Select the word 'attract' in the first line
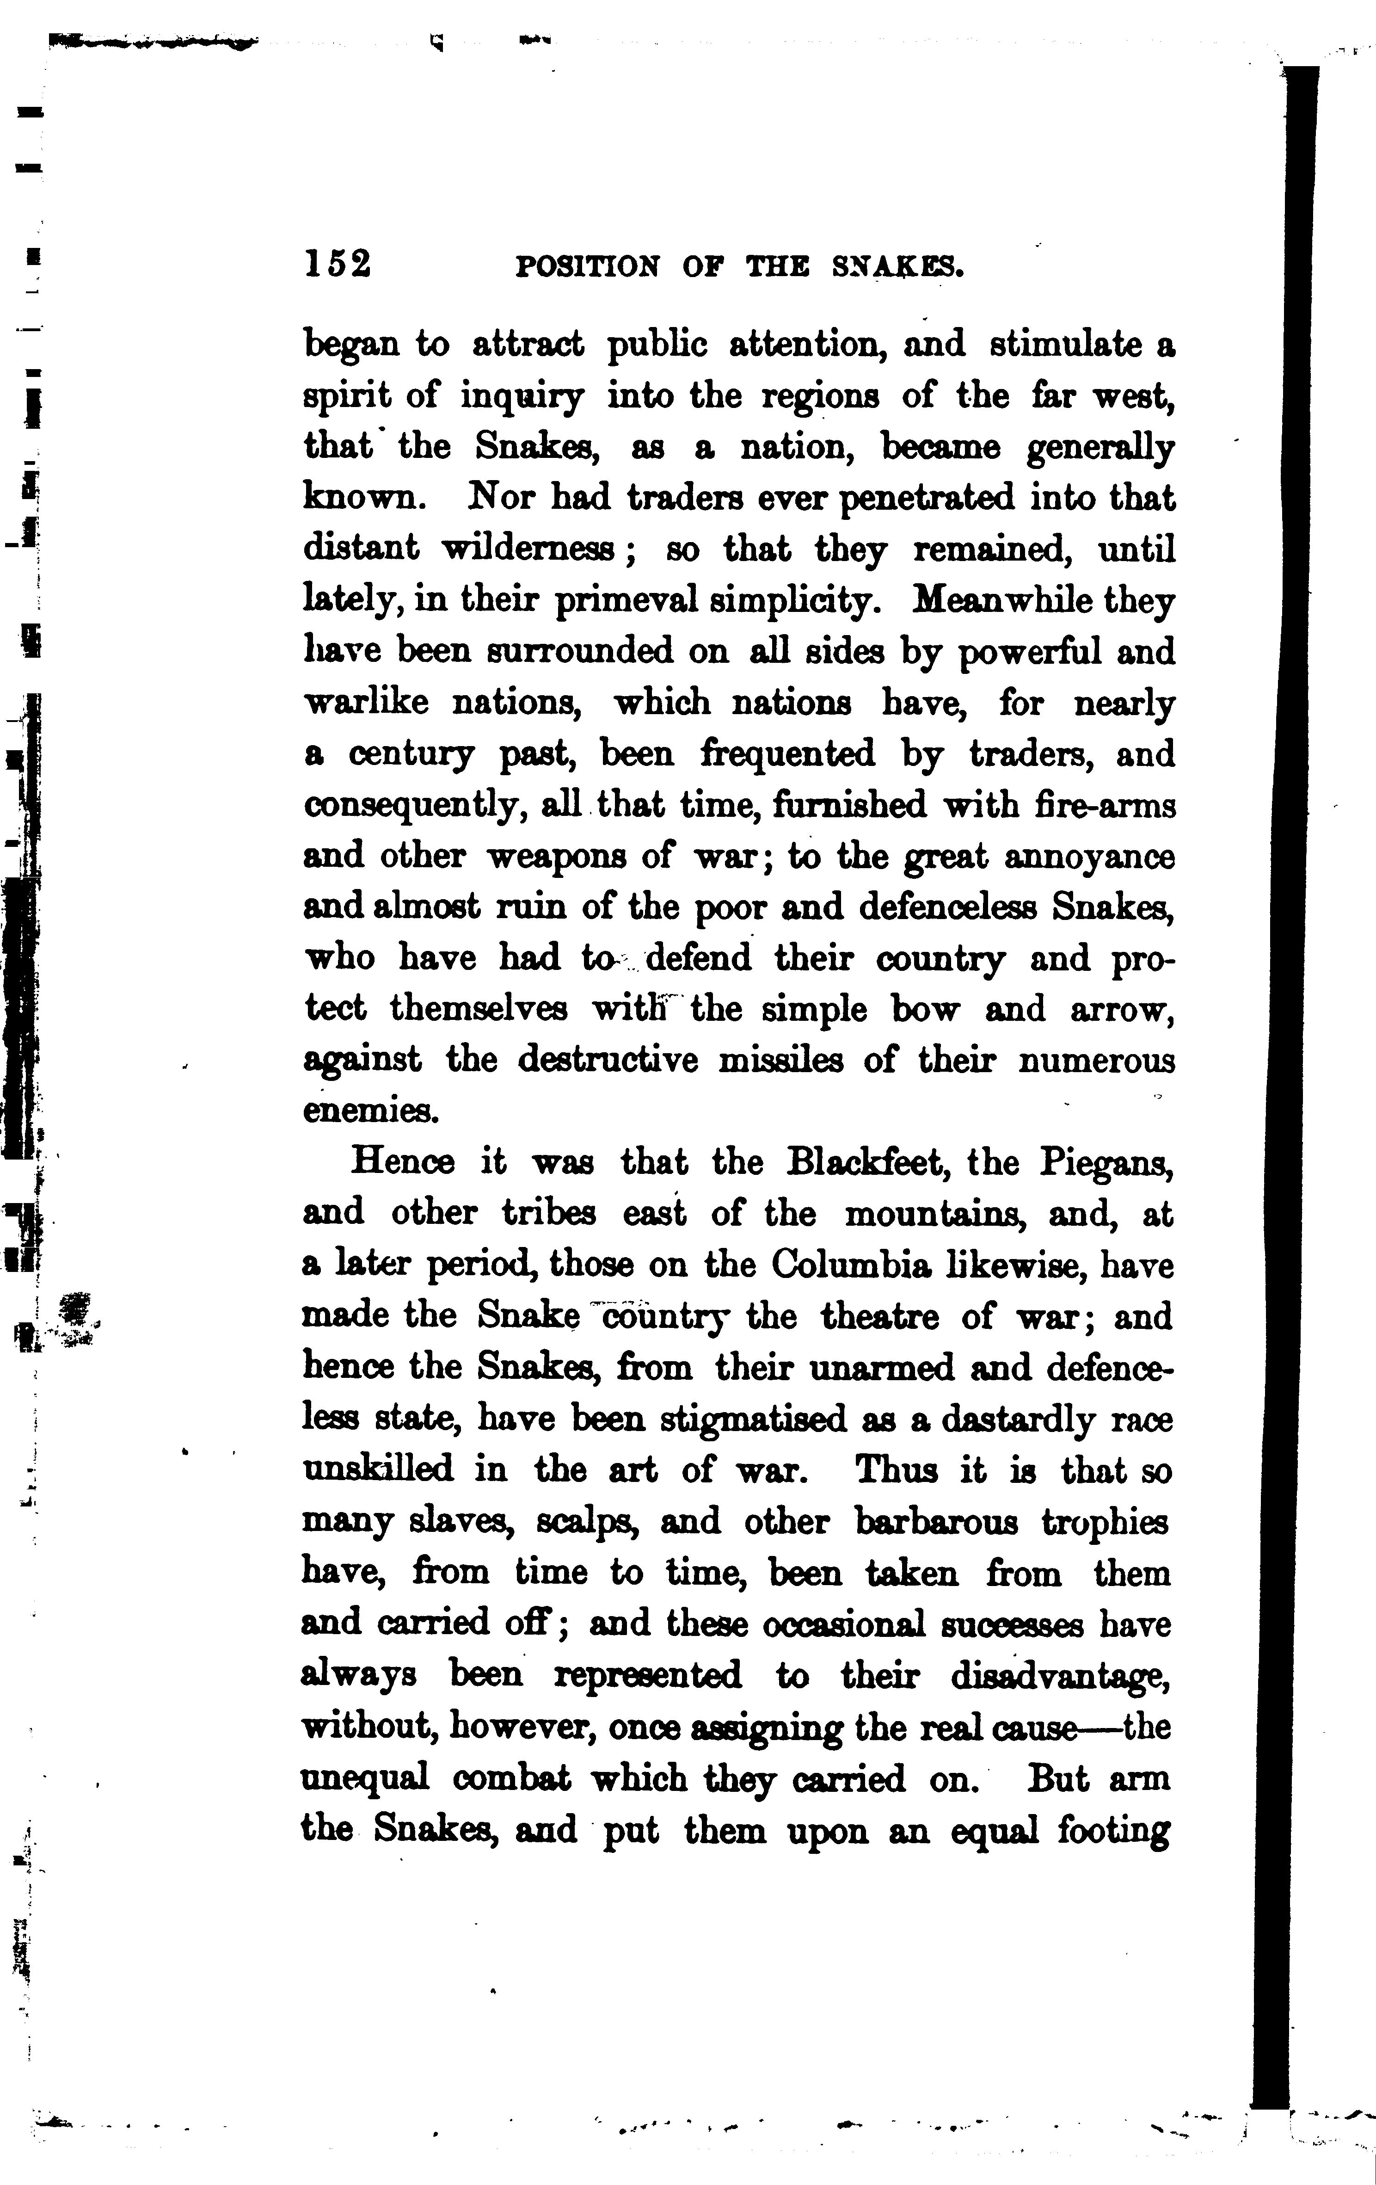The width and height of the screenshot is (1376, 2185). tap(528, 346)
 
